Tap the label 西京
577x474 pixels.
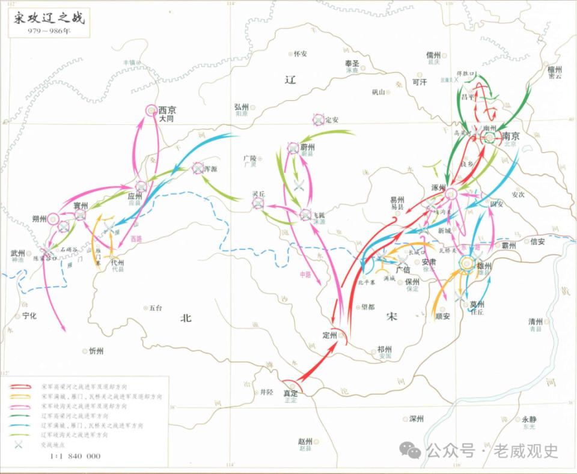168,110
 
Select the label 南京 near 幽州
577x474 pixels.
511,136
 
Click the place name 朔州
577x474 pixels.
40,219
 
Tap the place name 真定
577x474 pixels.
290,393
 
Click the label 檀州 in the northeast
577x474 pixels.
554,70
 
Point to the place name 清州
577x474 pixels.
536,321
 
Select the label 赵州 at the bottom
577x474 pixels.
305,441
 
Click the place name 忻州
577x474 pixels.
96,351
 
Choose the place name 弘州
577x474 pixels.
242,106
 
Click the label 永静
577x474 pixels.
529,419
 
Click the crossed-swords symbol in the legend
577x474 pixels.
19,444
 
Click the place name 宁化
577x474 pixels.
29,315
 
